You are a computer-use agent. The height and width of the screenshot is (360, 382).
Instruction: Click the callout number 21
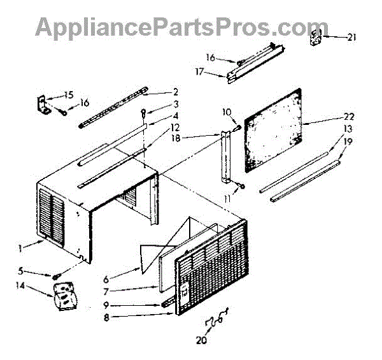coord(351,38)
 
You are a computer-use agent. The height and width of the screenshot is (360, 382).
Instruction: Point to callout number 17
coord(199,72)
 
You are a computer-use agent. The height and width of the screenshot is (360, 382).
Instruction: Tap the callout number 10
coord(226,112)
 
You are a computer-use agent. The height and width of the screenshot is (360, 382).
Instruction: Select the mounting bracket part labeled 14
coord(64,299)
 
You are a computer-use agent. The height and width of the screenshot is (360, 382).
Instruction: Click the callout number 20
coord(202,340)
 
